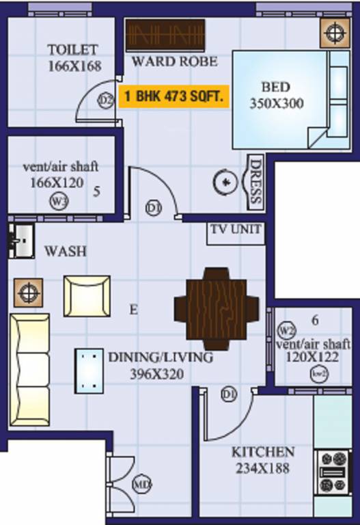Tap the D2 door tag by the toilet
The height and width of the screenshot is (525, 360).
(105, 100)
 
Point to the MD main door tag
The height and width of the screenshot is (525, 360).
(141, 485)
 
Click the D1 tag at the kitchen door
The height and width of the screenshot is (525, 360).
(229, 394)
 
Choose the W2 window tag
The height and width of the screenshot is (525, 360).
(286, 331)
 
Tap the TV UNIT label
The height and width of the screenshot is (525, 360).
(235, 230)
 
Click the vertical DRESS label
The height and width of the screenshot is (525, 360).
(255, 181)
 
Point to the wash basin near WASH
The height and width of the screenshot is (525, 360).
(20, 241)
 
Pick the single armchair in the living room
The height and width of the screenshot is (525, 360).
(87, 295)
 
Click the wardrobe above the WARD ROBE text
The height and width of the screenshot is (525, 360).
(165, 35)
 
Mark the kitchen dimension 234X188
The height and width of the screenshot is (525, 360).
(263, 469)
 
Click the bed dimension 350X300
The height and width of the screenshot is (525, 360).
(276, 104)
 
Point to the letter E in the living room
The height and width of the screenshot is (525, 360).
(134, 310)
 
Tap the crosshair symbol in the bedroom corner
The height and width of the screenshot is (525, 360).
(334, 31)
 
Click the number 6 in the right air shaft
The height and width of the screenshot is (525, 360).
(315, 320)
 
